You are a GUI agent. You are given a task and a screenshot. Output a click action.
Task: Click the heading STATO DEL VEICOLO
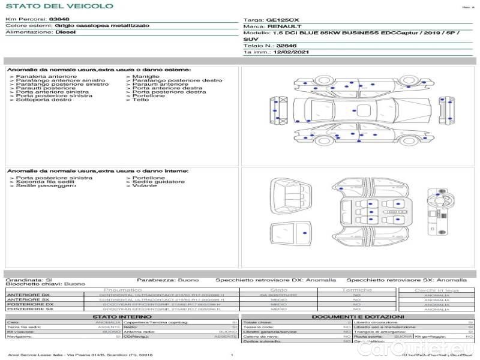59,6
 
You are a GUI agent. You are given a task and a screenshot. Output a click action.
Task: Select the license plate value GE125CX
282,20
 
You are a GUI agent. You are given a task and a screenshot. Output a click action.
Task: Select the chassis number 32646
287,46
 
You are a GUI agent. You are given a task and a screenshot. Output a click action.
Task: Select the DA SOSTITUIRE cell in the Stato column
278,295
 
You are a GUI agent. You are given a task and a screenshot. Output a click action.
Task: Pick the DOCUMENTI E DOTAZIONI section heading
358,316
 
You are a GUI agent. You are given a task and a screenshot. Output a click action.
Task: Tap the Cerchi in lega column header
436,290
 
